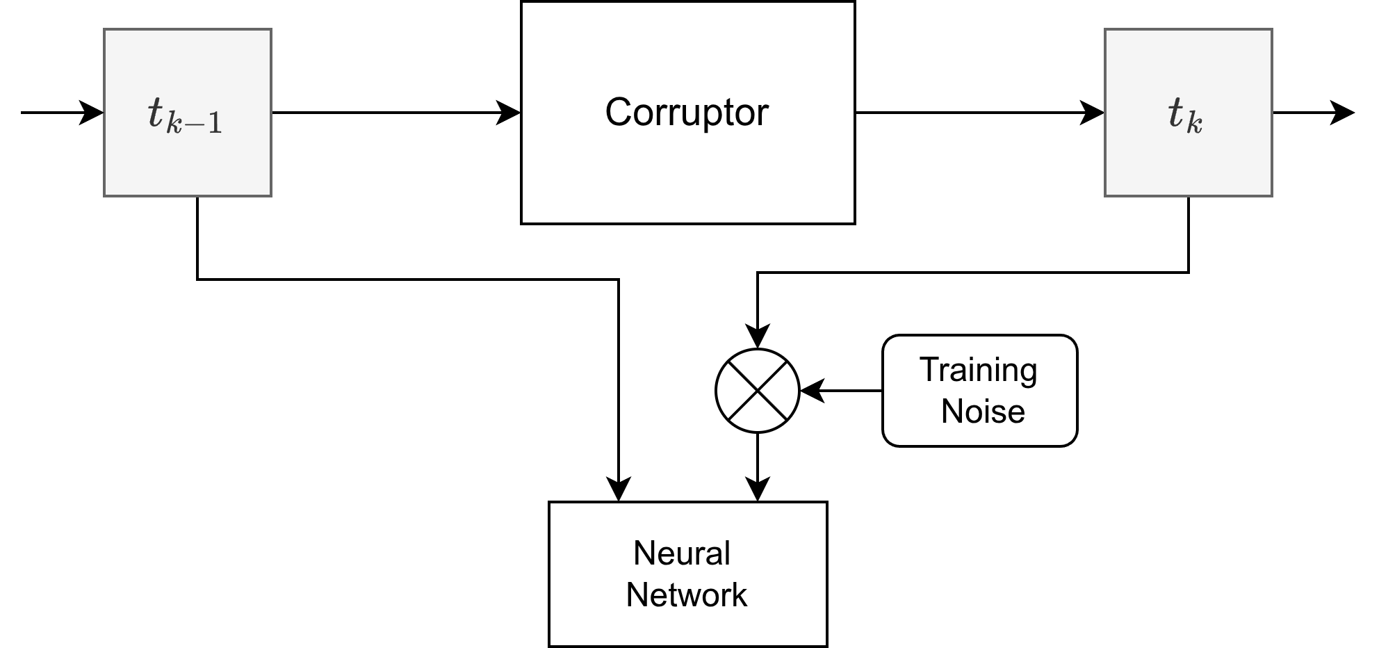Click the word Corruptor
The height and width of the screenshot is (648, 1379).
[x=687, y=112]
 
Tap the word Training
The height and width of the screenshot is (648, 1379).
[x=978, y=370]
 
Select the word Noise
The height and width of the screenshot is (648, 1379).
[x=982, y=411]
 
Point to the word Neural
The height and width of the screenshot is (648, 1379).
[x=681, y=553]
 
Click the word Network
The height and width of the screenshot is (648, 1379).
[x=686, y=595]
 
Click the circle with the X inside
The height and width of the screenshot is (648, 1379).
[x=757, y=391]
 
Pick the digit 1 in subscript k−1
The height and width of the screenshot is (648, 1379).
[x=214, y=124]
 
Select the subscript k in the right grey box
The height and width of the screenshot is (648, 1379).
[x=1194, y=124]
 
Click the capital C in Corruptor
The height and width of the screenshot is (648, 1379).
[x=618, y=112]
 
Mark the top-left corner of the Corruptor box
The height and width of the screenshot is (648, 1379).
[x=523, y=3]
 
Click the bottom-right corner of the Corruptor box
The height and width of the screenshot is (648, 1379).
[x=852, y=221]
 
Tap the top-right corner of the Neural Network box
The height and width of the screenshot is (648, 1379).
[x=824, y=505]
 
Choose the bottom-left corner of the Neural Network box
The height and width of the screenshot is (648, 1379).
[x=552, y=643]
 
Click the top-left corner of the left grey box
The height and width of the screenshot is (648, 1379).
[x=105, y=30]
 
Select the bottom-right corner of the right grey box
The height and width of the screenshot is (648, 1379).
[x=1271, y=195]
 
